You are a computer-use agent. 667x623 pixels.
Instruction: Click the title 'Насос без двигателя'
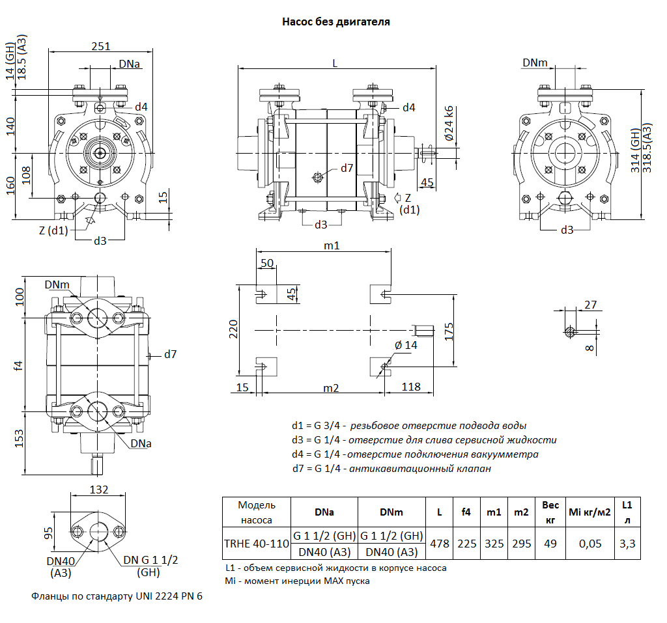pyautogui.click(x=336, y=21)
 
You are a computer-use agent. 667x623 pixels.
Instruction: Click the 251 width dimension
pyautogui.click(x=101, y=46)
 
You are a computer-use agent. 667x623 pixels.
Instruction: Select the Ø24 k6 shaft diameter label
pyautogui.click(x=449, y=124)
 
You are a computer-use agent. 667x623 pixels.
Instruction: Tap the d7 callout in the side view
pyautogui.click(x=347, y=169)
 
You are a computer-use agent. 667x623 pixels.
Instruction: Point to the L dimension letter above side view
pyautogui.click(x=335, y=62)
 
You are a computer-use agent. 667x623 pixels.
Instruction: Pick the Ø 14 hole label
pyautogui.click(x=406, y=345)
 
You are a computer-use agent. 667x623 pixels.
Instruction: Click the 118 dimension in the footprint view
pyautogui.click(x=410, y=387)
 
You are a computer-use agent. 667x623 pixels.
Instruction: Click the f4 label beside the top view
pyautogui.click(x=19, y=367)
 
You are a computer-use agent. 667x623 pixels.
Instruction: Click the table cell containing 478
pyautogui.click(x=440, y=544)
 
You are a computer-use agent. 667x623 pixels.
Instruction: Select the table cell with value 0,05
pyautogui.click(x=590, y=544)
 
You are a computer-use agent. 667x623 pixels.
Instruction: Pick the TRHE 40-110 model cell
pyautogui.click(x=256, y=544)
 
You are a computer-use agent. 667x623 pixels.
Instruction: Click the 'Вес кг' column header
pyautogui.click(x=550, y=512)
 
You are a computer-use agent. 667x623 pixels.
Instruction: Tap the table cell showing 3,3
pyautogui.click(x=627, y=544)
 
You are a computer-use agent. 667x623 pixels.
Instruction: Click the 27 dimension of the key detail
pyautogui.click(x=591, y=305)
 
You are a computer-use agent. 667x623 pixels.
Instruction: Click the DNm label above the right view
pyautogui.click(x=535, y=62)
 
